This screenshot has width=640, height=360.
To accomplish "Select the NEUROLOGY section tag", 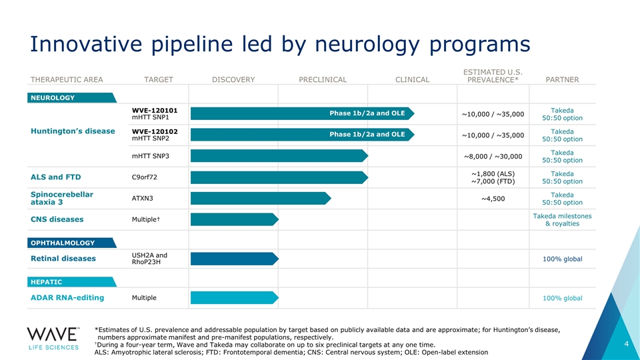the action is [x=72, y=97].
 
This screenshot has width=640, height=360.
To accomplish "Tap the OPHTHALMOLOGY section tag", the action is [x=72, y=243].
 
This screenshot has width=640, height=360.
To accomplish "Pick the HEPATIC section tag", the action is [x=72, y=282].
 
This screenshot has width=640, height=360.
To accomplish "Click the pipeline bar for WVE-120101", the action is [x=303, y=113].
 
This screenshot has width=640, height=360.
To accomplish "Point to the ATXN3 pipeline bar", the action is [x=261, y=199].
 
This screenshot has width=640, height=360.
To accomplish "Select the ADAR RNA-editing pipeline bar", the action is [x=235, y=298].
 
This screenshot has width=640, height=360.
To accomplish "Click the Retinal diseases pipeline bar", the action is [x=235, y=259].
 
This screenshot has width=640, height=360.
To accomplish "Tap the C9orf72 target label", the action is [x=145, y=177].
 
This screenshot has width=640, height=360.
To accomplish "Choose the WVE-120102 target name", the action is [x=155, y=131].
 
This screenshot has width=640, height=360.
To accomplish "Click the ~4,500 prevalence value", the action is [x=493, y=199].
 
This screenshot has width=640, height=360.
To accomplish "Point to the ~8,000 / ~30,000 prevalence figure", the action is [x=493, y=156].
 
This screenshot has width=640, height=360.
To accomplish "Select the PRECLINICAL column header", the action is [x=323, y=79].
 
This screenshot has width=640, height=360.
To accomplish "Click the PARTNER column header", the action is [x=562, y=79].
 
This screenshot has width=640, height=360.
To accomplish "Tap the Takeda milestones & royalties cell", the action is [x=562, y=219].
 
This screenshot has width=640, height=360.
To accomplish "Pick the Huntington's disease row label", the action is [x=73, y=131].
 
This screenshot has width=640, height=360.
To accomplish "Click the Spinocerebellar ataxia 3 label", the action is [x=62, y=198].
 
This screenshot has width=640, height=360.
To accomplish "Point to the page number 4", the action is [x=627, y=344].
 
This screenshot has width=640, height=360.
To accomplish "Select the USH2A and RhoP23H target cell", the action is [x=149, y=259].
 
